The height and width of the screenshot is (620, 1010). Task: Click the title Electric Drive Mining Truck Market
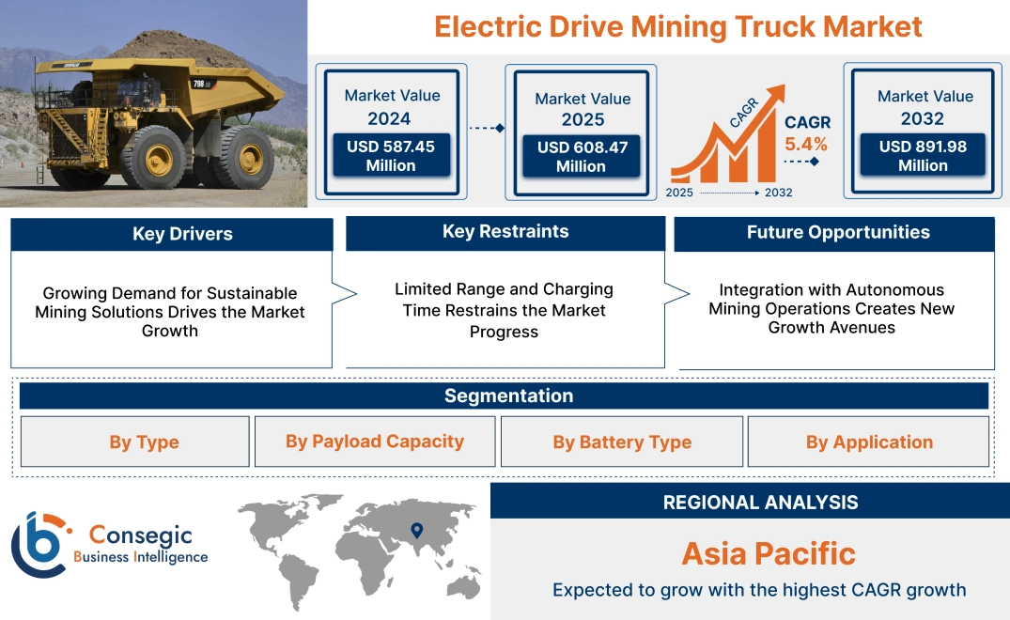[x=677, y=26]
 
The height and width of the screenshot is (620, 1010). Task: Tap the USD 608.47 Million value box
[x=581, y=156]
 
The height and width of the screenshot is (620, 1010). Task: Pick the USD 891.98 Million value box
[x=923, y=155]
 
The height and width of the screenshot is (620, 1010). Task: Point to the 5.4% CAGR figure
[x=806, y=144]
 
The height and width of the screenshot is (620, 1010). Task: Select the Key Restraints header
[x=505, y=232]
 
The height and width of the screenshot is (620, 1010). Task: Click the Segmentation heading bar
[x=508, y=395]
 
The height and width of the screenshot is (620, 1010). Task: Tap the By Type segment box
[x=144, y=442]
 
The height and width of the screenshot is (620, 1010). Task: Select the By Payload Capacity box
[x=375, y=442]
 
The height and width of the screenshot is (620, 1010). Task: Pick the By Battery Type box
[x=622, y=442]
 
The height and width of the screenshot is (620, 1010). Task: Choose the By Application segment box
[x=869, y=442]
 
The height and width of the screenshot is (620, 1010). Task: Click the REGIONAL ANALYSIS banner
[x=760, y=503]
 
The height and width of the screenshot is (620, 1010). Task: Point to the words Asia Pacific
[x=769, y=553]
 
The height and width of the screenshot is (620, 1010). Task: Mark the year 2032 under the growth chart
[x=778, y=193]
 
